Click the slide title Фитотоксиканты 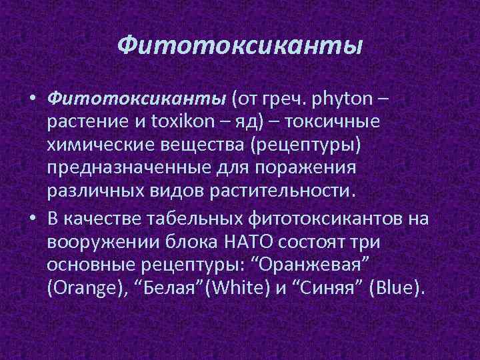(x=240, y=46)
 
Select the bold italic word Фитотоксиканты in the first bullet (x=137, y=100)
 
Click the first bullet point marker (x=32, y=101)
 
